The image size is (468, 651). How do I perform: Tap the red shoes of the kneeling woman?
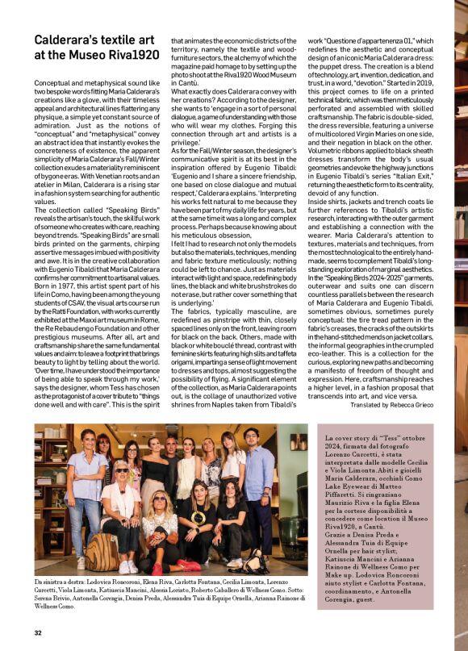click(x=187, y=565)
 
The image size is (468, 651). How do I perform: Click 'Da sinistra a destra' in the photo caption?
click(x=60, y=581)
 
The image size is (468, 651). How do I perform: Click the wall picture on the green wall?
click(x=299, y=442)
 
